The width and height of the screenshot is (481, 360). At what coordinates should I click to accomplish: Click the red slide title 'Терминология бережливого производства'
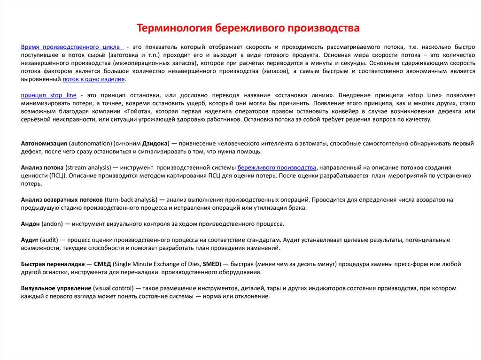[x=248, y=29]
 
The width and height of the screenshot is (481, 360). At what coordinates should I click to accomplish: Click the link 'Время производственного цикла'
[x=71, y=47]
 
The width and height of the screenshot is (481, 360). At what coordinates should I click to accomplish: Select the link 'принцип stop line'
[x=49, y=95]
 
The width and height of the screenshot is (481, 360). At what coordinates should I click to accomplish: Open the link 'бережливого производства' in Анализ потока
[x=277, y=168]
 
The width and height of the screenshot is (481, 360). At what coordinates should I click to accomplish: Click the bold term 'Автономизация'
[x=44, y=142]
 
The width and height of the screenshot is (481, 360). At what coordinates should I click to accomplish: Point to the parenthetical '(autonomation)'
[x=88, y=142]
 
